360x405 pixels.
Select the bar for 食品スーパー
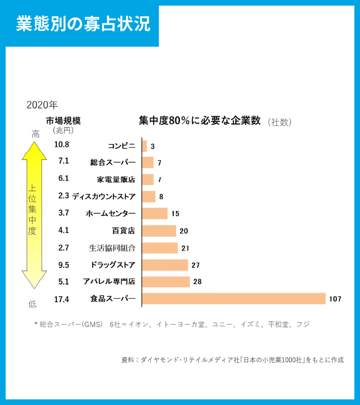click(234, 299)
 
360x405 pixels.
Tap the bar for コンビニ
click(145, 146)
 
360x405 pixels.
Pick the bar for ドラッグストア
click(165, 265)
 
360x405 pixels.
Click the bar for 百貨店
click(159, 231)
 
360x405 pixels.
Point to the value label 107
click(335, 299)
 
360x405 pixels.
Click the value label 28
click(197, 282)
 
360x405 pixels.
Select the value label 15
click(175, 214)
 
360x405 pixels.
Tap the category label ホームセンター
click(111, 214)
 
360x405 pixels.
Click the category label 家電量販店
click(116, 179)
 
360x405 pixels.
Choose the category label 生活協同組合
click(112, 247)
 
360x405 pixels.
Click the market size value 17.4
click(61, 299)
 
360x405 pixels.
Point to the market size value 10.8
click(61, 145)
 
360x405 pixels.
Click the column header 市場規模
click(64, 120)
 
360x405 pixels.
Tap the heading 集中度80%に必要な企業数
click(200, 120)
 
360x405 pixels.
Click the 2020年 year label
click(42, 105)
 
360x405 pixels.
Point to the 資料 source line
click(232, 360)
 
